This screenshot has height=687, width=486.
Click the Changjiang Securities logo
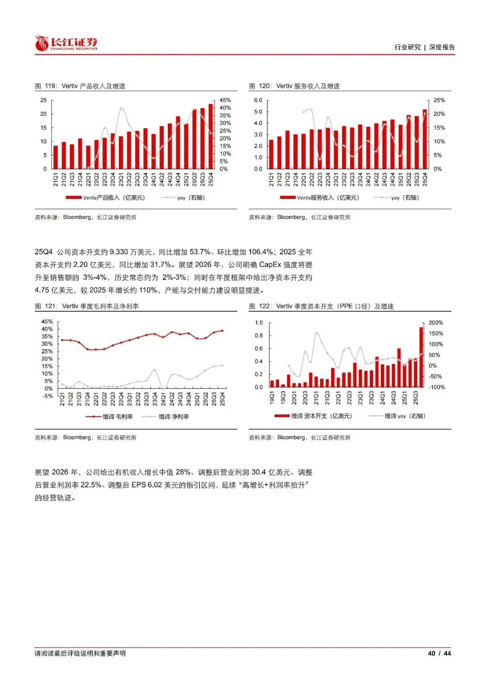click(66, 44)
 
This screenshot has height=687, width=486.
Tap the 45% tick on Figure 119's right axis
click(225, 100)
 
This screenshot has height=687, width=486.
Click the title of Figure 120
click(294, 86)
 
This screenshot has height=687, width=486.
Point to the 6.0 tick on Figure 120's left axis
click(258, 100)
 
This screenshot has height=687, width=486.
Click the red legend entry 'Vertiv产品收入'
click(105, 198)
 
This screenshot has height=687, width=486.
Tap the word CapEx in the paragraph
click(270, 265)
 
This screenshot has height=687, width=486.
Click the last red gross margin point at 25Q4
click(222, 331)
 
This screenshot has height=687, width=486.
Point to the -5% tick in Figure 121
click(48, 396)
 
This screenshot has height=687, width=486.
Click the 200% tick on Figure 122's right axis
click(436, 323)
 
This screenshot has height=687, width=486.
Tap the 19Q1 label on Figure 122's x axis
click(272, 397)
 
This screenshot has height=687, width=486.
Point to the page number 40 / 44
click(439, 653)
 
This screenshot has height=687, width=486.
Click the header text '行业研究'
click(407, 47)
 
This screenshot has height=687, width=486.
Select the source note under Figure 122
click(300, 437)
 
